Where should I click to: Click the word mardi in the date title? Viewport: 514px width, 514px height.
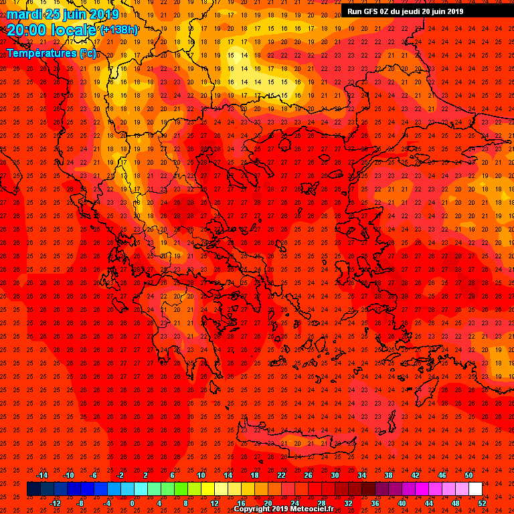point(24,14)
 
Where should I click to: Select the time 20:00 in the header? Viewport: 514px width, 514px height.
point(27,30)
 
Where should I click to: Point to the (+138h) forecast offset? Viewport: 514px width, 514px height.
point(120,30)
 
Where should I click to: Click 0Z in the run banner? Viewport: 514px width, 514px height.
point(387,11)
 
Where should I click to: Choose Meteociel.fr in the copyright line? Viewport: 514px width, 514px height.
point(311,509)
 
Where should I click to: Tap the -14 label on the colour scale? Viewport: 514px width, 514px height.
point(41,475)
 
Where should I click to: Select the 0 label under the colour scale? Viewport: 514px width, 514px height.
point(132,503)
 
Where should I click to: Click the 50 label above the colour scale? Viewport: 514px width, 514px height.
point(468,475)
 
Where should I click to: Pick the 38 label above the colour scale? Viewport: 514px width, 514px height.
point(388,475)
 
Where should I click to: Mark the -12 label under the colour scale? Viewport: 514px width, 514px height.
point(55,503)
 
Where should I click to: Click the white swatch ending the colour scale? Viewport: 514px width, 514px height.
point(475,489)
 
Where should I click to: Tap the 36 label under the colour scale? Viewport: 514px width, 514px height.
point(375,503)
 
